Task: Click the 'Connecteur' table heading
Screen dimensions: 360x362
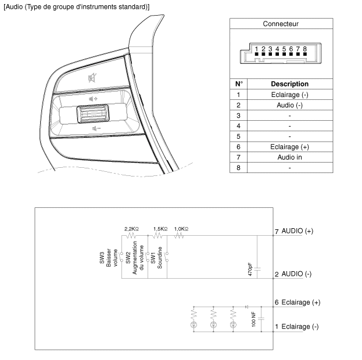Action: (281, 24)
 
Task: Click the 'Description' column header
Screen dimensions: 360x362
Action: (289, 84)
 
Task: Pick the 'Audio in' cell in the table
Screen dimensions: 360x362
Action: (289, 157)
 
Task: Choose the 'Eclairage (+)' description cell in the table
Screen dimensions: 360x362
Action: (289, 147)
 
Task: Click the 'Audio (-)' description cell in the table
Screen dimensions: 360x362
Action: (289, 105)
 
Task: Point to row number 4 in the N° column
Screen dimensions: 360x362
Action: (239, 126)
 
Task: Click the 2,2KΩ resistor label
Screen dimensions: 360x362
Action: (132, 229)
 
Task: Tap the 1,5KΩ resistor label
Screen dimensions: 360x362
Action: (160, 229)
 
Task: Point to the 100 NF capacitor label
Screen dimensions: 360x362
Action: (255, 319)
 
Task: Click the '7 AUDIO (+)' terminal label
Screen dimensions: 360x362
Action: (294, 231)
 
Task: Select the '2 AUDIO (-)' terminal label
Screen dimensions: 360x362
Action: (293, 274)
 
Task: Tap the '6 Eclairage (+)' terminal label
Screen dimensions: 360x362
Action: (298, 303)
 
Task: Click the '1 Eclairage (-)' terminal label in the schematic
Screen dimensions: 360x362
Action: (296, 326)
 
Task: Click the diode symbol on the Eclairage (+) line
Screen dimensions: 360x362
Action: (246, 306)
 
